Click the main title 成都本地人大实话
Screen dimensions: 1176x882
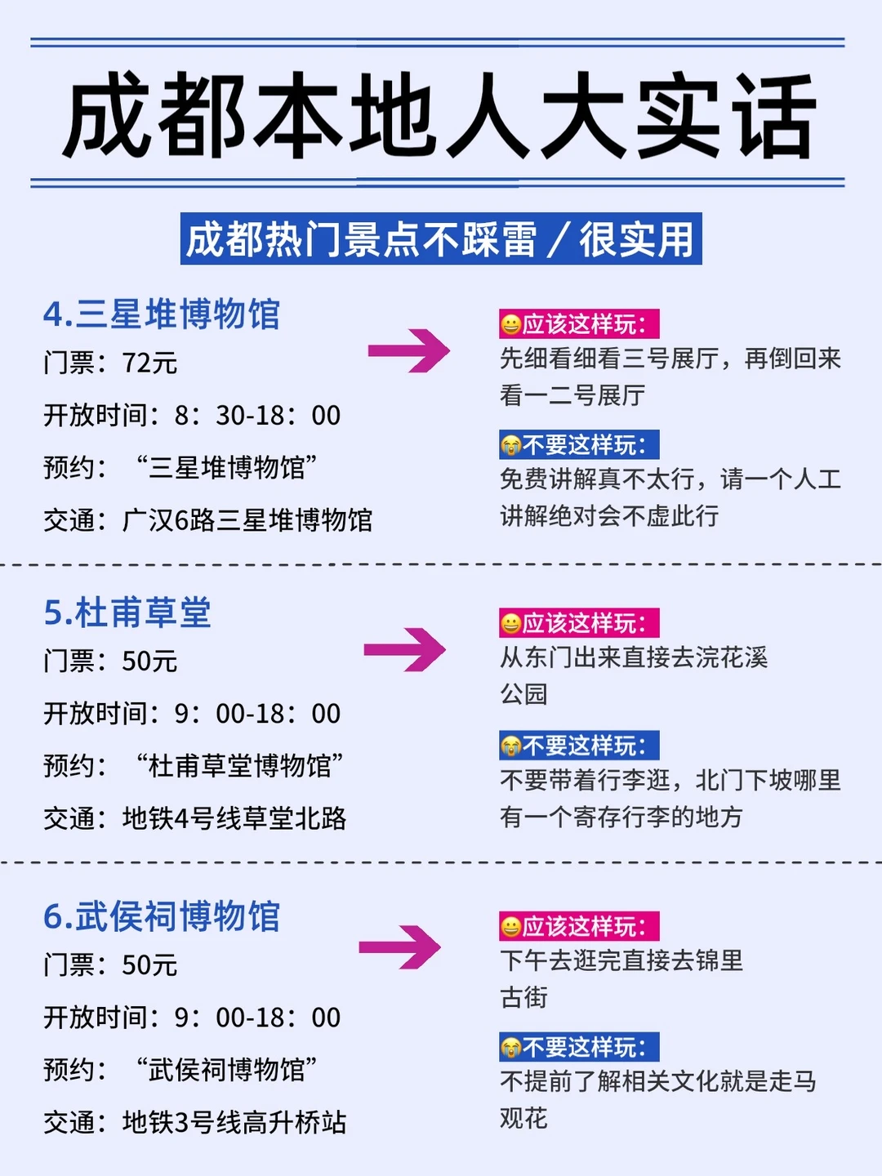click(441, 115)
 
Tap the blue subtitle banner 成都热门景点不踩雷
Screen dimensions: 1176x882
click(441, 239)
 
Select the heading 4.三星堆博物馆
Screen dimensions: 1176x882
click(162, 314)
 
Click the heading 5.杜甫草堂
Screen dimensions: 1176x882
click(127, 612)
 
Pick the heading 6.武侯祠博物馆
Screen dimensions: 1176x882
click(162, 916)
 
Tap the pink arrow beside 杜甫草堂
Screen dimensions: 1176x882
click(405, 650)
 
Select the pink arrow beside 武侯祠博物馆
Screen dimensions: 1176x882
click(400, 947)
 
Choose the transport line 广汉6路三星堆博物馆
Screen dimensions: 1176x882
click(247, 519)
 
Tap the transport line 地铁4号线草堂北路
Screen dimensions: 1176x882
click(234, 818)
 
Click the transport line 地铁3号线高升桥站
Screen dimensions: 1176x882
click(234, 1122)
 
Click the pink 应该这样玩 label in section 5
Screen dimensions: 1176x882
click(579, 623)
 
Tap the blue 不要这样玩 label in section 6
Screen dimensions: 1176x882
click(579, 1047)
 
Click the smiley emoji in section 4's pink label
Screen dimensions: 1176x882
click(511, 325)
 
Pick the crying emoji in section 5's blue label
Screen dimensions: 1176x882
click(511, 746)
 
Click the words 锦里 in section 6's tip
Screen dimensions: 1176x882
click(719, 960)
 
